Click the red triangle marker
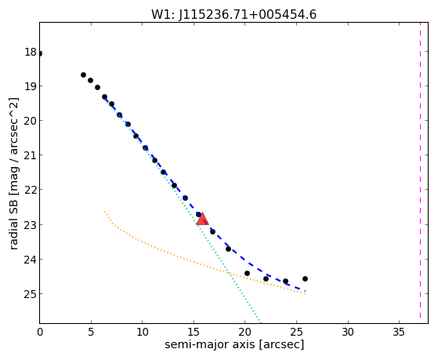pyautogui.click(x=202, y=219)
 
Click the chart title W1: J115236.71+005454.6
pyautogui.click(x=233, y=15)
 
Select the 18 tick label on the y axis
pyautogui.click(x=31, y=52)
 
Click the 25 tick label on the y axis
pyautogui.click(x=31, y=294)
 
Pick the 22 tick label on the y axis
pyautogui.click(x=31, y=190)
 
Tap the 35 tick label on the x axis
pyautogui.click(x=399, y=332)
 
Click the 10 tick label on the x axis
pyautogui.click(x=142, y=332)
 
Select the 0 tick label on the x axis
pyautogui.click(x=40, y=332)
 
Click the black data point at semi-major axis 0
pyautogui.click(x=40, y=53)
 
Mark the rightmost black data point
pyautogui.click(x=305, y=279)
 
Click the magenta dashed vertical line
pyautogui.click(x=420, y=170)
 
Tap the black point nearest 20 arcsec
pyautogui.click(x=247, y=273)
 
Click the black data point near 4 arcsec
pyautogui.click(x=83, y=75)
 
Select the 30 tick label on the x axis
pyautogui.click(x=348, y=332)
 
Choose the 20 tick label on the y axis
pyautogui.click(x=31, y=121)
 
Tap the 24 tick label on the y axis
pyautogui.click(x=31, y=260)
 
